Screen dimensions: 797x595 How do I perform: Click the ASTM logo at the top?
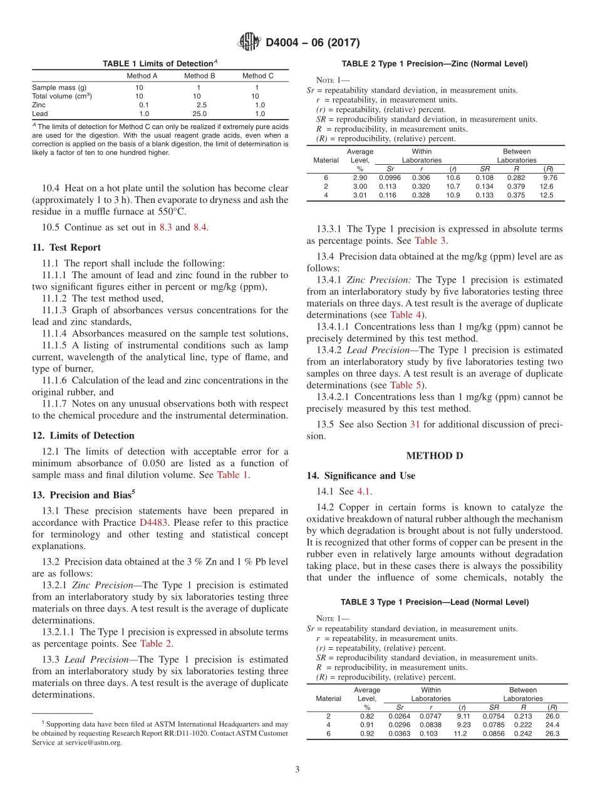pos(250,43)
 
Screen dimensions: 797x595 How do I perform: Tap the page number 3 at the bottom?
pos(297,769)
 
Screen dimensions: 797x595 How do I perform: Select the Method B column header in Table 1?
pos(199,76)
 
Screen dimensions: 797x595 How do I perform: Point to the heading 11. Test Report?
pos(66,247)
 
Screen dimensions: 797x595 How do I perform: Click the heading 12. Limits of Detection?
pos(83,435)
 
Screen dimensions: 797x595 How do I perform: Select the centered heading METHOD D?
pos(435,456)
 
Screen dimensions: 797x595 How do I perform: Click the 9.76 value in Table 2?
pos(550,177)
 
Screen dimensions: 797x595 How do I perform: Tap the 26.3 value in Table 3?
pos(552,734)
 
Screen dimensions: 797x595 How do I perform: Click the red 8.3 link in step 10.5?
pos(164,227)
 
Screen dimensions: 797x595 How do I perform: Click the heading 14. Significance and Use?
pos(361,476)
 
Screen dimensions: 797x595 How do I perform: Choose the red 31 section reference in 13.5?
pos(415,424)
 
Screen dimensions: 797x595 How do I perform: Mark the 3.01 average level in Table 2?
pos(360,195)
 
